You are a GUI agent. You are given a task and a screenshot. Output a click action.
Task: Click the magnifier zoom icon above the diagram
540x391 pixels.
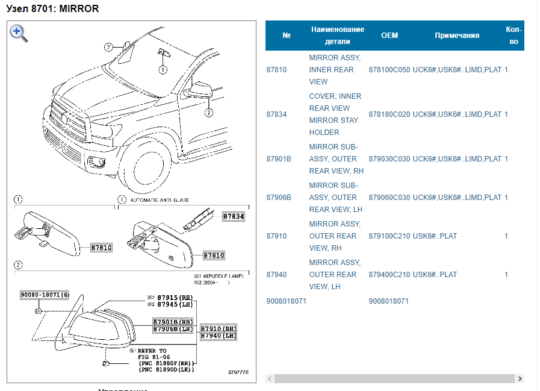19,33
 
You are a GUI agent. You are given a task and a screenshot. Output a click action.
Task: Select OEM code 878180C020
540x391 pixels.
389,114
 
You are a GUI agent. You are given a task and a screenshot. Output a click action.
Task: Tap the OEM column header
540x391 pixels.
389,36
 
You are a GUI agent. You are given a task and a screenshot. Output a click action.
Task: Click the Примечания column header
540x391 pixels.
457,36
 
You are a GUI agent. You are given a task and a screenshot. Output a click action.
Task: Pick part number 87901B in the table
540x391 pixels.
279,159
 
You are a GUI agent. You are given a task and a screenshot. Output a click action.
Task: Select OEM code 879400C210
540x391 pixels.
389,275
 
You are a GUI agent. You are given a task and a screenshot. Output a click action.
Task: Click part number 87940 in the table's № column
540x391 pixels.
276,275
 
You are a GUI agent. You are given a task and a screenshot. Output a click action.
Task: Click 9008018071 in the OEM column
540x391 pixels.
389,301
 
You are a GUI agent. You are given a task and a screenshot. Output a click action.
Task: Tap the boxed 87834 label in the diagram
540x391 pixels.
234,216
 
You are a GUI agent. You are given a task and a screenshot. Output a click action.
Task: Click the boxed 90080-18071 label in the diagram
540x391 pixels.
45,295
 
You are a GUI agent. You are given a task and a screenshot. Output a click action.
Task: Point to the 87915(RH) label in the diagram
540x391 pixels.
175,298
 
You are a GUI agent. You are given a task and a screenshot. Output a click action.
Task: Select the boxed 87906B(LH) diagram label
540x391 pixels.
173,329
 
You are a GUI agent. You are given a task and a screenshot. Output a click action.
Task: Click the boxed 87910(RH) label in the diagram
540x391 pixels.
218,328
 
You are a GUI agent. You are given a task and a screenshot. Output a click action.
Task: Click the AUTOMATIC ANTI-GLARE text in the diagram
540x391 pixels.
156,199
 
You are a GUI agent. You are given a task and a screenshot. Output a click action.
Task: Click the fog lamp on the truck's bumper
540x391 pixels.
96,161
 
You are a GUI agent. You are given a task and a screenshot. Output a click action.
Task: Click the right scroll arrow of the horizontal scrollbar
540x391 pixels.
520,379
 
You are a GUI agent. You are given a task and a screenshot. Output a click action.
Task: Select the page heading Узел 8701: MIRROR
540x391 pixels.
52,9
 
